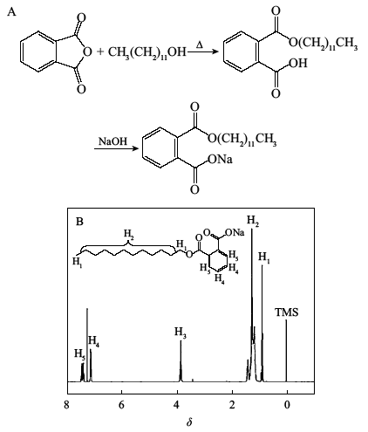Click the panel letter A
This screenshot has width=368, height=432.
[11, 12]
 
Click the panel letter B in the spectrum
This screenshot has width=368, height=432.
[79, 222]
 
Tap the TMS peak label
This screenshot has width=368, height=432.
[287, 312]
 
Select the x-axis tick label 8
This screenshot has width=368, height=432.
[67, 405]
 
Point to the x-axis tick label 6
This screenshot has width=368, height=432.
[121, 405]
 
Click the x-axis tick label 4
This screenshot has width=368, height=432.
[177, 405]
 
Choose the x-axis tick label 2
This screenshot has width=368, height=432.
[232, 405]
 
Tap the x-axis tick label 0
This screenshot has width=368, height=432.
[287, 405]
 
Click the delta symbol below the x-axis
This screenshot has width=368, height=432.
[189, 422]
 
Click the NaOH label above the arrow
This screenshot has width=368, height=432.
[113, 141]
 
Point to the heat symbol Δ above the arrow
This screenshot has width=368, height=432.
[200, 45]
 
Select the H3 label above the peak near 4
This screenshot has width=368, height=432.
[181, 333]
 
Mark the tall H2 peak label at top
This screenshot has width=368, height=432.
[253, 221]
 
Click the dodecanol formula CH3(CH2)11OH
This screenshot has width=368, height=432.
[147, 52]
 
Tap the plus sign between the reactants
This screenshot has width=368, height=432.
[100, 51]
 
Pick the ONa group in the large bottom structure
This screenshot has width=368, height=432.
[220, 159]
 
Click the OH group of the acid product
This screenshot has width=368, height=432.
[298, 63]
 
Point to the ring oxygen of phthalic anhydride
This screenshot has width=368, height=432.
[87, 52]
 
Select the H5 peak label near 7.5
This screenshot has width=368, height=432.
[79, 354]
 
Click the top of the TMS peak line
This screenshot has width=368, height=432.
[286, 320]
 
